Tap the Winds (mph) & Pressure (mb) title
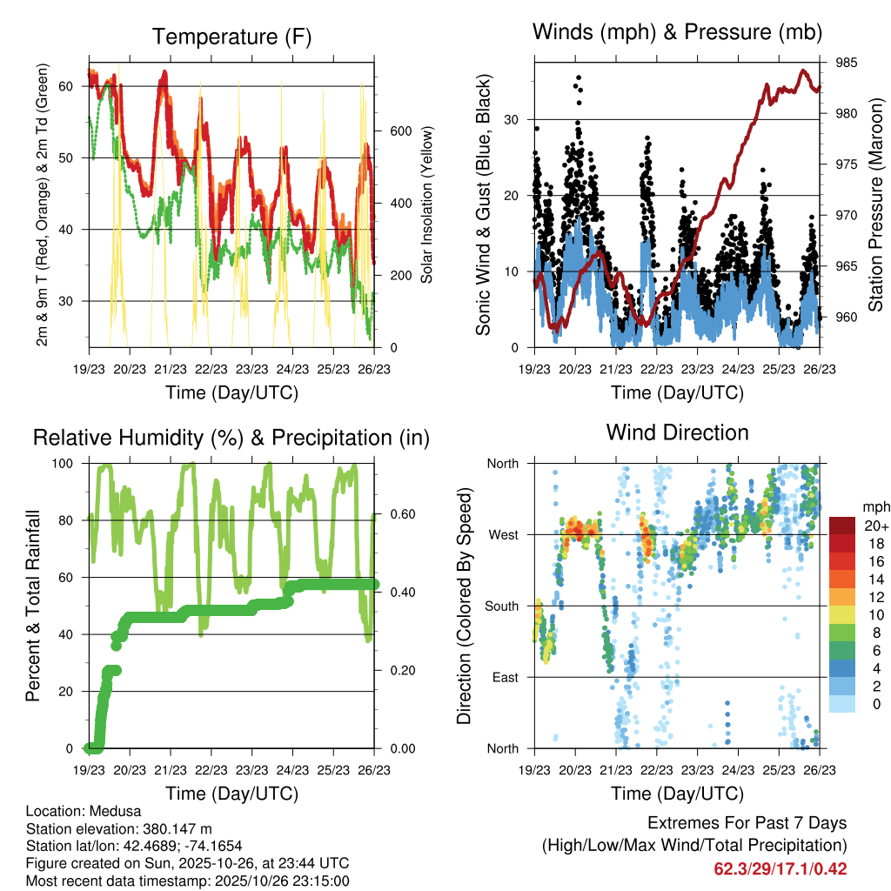tap(677, 33)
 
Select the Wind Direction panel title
tap(677, 432)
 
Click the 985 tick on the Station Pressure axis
tap(846, 63)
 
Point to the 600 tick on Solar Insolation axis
tap(400, 131)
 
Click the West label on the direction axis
tap(502, 534)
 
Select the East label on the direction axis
tap(503, 677)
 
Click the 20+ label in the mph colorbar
tap(875, 526)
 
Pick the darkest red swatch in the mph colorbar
tap(842, 526)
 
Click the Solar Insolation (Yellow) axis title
tap(427, 204)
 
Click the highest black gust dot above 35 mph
tap(579, 77)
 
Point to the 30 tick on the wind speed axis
tap(509, 119)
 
